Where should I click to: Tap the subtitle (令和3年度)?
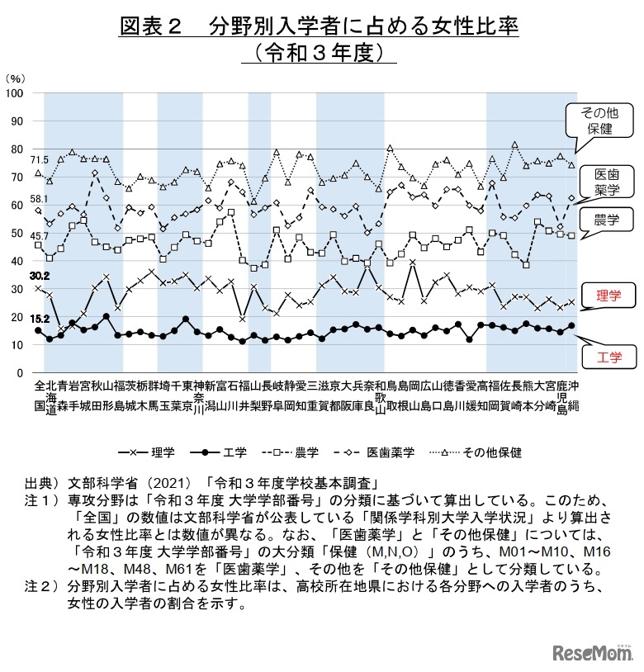click(x=322, y=53)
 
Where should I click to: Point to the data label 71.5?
click(x=40, y=159)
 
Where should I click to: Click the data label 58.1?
click(x=40, y=199)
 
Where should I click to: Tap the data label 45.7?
click(x=40, y=237)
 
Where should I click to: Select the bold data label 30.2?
click(x=40, y=276)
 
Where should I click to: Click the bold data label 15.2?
click(x=40, y=318)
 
